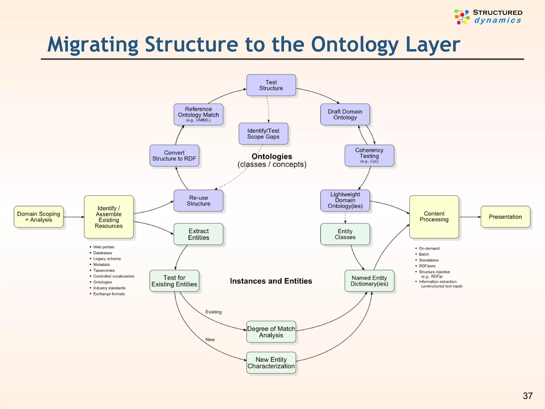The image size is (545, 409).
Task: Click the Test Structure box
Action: (271, 85)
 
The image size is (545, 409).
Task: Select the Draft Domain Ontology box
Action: (345, 114)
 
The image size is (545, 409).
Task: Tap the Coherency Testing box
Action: (369, 156)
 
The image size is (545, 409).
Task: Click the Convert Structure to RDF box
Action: (174, 156)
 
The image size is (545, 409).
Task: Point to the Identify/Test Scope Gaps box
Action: (263, 134)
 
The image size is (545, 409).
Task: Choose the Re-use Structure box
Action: (198, 201)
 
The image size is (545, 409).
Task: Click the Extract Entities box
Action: (198, 234)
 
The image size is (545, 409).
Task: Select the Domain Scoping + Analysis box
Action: (39, 217)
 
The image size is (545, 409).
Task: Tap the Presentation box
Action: (505, 217)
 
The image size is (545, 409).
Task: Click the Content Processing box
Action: (434, 217)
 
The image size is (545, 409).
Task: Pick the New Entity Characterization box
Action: (271, 363)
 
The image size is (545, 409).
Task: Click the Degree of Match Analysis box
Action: (271, 332)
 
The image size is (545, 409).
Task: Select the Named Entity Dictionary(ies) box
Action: (369, 281)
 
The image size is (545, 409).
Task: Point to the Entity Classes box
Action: (345, 234)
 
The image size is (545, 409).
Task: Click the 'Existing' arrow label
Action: (213, 312)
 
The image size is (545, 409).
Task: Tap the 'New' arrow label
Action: (210, 340)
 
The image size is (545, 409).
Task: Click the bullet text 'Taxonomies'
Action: (104, 270)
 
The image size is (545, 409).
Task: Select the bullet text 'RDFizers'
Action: (427, 266)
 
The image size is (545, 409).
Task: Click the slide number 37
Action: (527, 396)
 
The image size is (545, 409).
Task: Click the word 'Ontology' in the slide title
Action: (354, 45)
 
